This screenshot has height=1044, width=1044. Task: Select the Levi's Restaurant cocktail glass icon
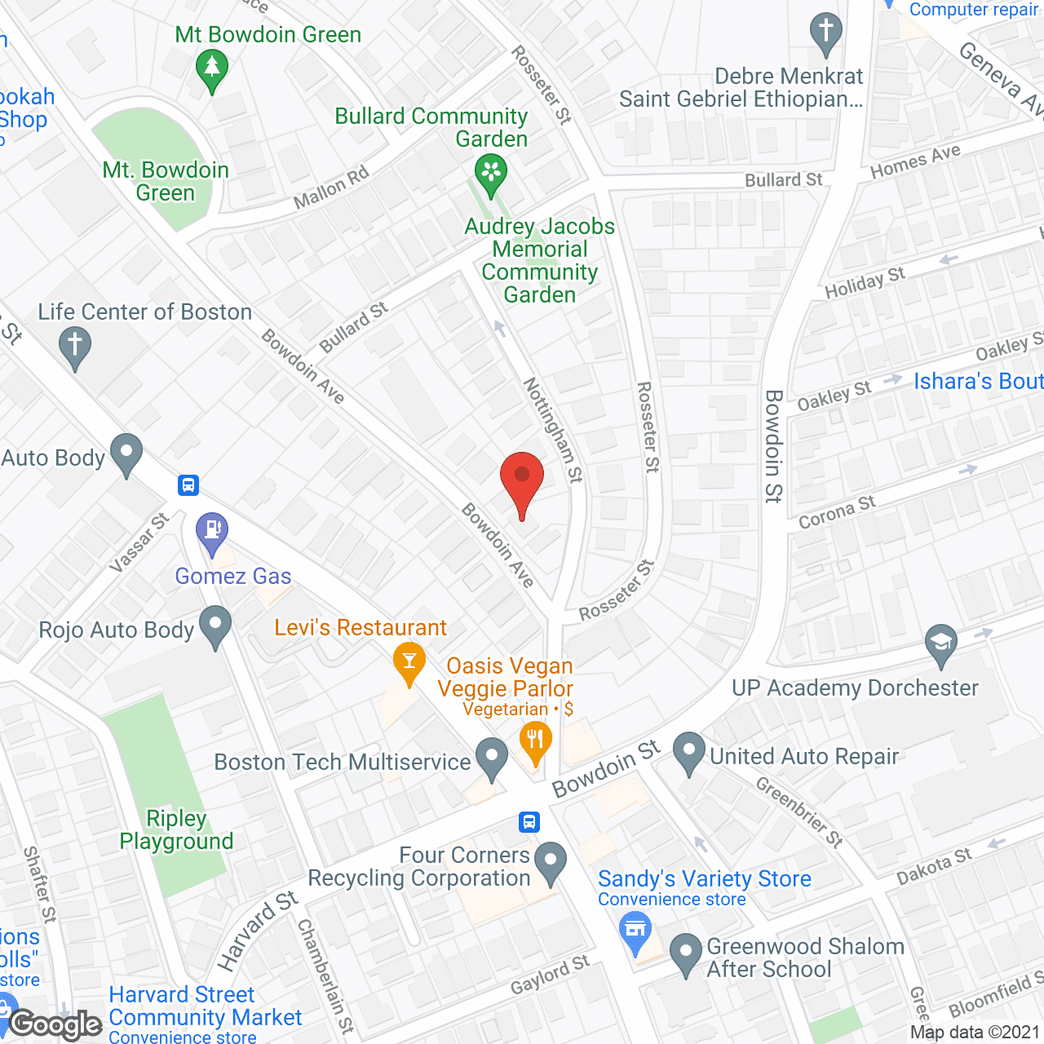pyautogui.click(x=409, y=661)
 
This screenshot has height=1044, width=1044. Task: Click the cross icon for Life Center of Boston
pyautogui.click(x=75, y=346)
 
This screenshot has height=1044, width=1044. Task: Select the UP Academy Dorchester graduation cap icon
pyautogui.click(x=941, y=643)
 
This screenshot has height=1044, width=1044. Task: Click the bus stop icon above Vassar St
pyautogui.click(x=188, y=485)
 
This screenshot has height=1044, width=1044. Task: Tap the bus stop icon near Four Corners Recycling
pyautogui.click(x=529, y=821)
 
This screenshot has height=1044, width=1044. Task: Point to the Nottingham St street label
pyautogui.click(x=553, y=429)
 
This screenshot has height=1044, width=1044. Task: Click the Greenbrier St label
pyautogui.click(x=798, y=811)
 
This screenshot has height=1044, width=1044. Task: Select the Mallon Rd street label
pyautogui.click(x=331, y=187)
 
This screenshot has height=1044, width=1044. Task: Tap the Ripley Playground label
pyautogui.click(x=176, y=829)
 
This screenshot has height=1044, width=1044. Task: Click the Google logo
pyautogui.click(x=55, y=1024)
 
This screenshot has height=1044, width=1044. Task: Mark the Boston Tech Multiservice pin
pyautogui.click(x=491, y=756)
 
